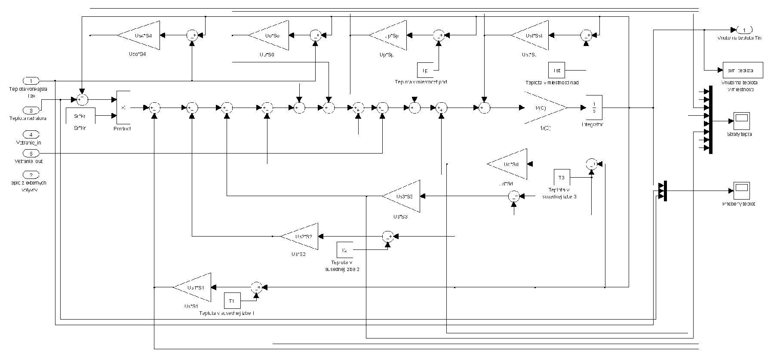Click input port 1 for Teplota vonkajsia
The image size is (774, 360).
click(x=31, y=81)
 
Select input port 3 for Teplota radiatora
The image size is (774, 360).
click(x=31, y=110)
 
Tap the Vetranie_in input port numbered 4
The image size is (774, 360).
click(x=31, y=135)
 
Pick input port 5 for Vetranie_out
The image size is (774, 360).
click(x=31, y=153)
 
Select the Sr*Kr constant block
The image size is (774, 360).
click(x=80, y=116)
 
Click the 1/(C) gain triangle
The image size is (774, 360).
click(x=544, y=108)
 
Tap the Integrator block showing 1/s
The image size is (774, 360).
click(x=594, y=107)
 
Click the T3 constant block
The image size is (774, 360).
click(x=562, y=178)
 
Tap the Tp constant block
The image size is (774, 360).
click(x=425, y=70)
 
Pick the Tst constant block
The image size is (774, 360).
click(x=556, y=70)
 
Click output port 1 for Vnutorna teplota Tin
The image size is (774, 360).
click(x=744, y=30)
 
